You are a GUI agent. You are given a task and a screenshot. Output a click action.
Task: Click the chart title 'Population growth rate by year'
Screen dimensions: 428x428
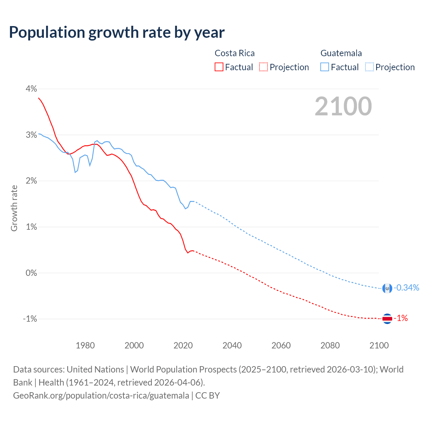pos(117,32)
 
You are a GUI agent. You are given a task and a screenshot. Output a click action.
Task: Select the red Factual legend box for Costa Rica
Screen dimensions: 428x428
pos(219,67)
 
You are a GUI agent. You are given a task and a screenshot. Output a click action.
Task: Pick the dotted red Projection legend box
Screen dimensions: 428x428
pos(263,67)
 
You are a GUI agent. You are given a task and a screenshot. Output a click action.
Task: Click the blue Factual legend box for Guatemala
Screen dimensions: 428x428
pos(325,67)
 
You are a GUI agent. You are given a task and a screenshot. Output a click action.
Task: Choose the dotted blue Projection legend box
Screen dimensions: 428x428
pos(369,67)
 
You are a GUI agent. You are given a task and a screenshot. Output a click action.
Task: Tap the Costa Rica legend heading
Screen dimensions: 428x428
pos(234,53)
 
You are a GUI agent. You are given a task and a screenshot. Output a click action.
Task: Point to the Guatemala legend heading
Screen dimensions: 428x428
pos(341,53)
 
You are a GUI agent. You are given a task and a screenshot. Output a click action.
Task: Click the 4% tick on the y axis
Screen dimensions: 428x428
pos(31,89)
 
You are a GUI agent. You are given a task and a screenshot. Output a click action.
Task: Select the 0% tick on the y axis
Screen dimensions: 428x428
pos(31,273)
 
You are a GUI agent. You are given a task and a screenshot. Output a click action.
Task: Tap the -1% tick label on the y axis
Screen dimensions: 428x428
pos(30,319)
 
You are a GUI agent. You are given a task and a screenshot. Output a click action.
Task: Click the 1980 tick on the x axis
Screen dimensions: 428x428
pos(85,345)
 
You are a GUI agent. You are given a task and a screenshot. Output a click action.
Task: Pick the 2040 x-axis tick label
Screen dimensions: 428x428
pos(232,345)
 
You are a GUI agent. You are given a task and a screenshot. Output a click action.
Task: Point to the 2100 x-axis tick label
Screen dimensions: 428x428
pos(379,345)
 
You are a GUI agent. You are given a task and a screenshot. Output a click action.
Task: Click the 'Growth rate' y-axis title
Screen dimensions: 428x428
pos(14,208)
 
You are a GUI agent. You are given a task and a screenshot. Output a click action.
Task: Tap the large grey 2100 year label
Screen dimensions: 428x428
pos(343,106)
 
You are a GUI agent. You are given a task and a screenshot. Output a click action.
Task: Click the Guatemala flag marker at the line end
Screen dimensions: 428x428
pos(387,288)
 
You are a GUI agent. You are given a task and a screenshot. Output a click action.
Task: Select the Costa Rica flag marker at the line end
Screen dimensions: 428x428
pos(387,319)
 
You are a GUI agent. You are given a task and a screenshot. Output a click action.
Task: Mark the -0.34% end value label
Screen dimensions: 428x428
pos(406,288)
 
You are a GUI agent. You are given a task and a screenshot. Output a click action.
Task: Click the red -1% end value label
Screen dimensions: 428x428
pos(401,318)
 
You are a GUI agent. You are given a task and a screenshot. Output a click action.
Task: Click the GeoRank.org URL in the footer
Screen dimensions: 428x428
pos(101,396)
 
